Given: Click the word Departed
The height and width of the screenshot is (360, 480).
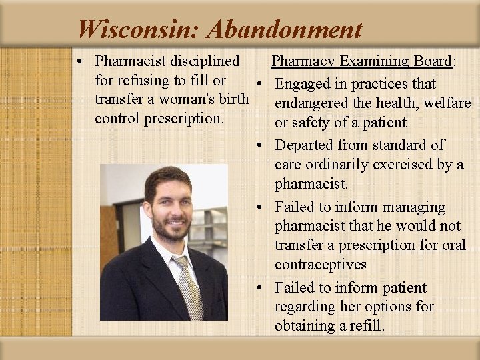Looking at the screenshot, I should (x=304, y=145).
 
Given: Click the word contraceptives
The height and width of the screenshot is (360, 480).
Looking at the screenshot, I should (x=321, y=265).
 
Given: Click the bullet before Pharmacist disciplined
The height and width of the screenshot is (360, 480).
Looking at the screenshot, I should (x=79, y=62).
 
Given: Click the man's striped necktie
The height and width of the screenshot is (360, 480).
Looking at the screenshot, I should (x=189, y=287).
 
